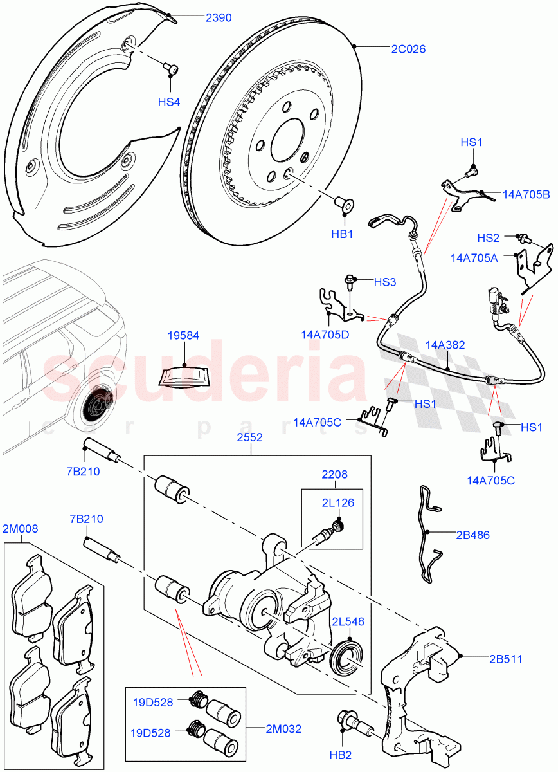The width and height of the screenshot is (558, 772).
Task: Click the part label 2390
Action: pyautogui.click(x=219, y=18)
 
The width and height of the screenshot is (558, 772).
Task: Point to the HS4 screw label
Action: pyautogui.click(x=169, y=102)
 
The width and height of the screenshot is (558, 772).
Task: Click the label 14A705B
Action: pyautogui.click(x=525, y=194)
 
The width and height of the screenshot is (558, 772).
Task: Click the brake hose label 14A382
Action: pyautogui.click(x=445, y=345)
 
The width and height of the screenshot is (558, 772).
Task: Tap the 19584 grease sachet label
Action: pyautogui.click(x=183, y=335)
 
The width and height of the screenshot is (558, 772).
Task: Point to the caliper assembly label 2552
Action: pyautogui.click(x=250, y=437)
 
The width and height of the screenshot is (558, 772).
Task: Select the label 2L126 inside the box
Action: pyautogui.click(x=338, y=503)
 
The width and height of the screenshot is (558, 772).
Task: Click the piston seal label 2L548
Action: pyautogui.click(x=348, y=621)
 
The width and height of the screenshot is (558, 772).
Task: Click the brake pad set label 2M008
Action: pyautogui.click(x=21, y=529)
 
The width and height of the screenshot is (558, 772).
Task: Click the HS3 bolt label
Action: pyautogui.click(x=385, y=281)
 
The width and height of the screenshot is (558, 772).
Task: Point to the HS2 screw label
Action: pyautogui.click(x=489, y=238)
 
